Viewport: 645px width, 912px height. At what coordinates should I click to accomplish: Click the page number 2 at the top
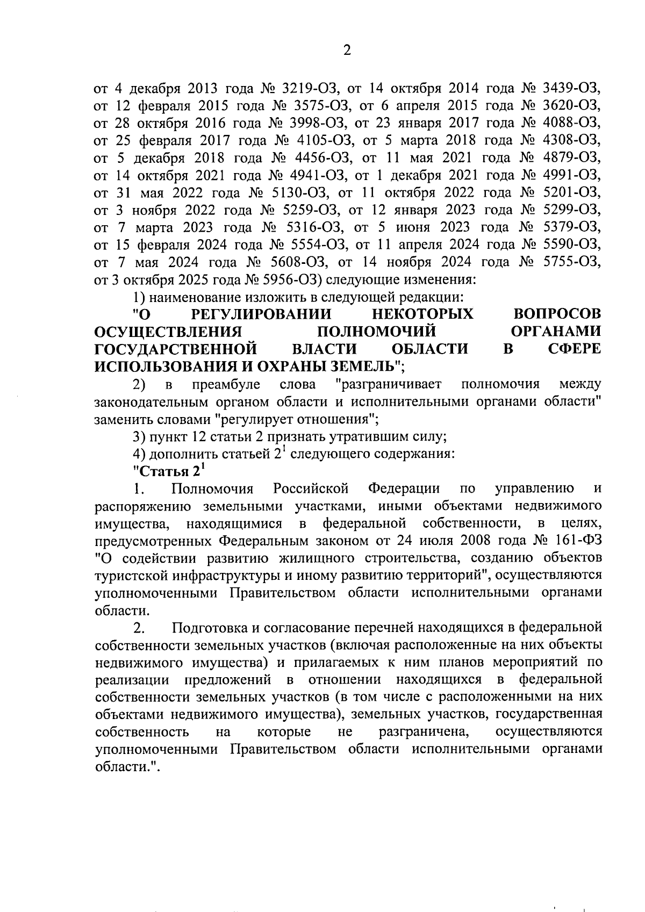pyautogui.click(x=346, y=51)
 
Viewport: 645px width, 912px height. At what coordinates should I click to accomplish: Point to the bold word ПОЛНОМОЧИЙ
pyautogui.click(x=376, y=331)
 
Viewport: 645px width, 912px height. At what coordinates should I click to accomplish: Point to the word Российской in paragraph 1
pyautogui.click(x=311, y=489)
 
